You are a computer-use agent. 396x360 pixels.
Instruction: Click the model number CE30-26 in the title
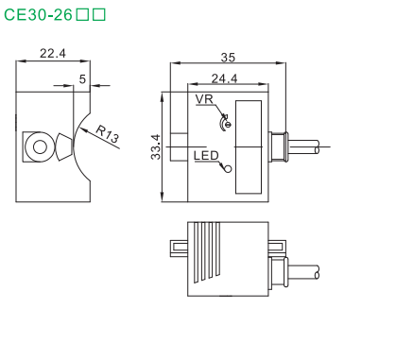coord(38,14)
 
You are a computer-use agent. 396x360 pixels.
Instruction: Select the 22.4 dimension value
coord(53,54)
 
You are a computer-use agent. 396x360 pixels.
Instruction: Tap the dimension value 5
coord(82,79)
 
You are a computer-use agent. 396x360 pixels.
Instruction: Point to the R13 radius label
coord(108,134)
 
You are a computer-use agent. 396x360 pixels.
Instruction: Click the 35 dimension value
coord(228,58)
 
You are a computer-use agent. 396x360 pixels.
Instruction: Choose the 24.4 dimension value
coord(224,78)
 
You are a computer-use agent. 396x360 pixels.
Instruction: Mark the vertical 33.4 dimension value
coord(156,146)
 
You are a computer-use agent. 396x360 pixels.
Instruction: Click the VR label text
coord(204,99)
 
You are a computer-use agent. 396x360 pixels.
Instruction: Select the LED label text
coord(206,156)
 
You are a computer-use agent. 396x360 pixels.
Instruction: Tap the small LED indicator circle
coord(228,169)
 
